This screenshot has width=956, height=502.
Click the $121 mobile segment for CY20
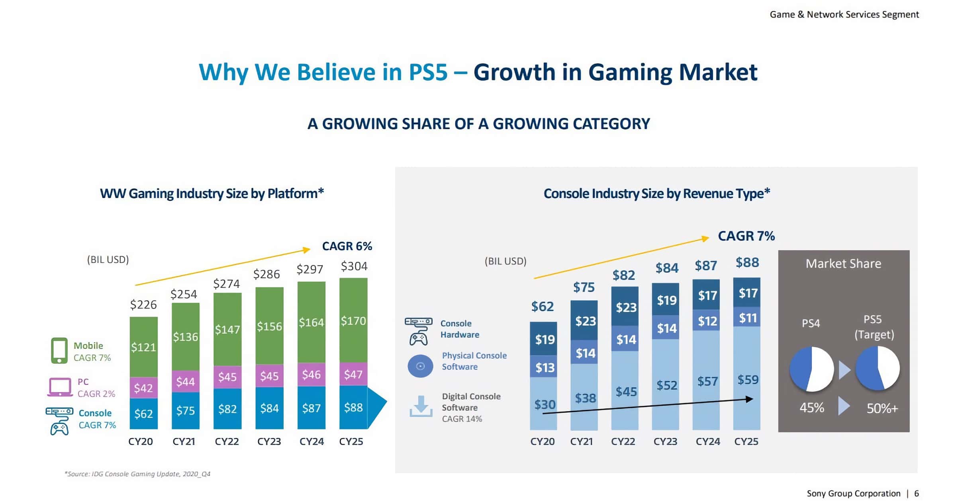pos(143,347)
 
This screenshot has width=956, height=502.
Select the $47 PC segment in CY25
pos(353,374)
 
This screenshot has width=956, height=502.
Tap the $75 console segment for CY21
pos(186,410)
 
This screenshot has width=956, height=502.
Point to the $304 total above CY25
pos(354,266)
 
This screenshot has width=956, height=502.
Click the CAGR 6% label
pos(347,246)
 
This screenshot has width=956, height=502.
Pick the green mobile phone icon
pos(59,351)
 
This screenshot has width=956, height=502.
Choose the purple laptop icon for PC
pos(60,387)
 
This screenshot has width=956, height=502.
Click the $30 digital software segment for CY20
pos(545,404)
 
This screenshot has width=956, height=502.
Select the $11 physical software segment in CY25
pos(748,318)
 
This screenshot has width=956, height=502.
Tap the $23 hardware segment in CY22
pos(626,307)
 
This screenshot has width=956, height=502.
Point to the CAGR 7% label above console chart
pos(746,236)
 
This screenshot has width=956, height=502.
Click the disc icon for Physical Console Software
pos(420,366)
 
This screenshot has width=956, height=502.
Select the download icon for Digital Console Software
pos(421,406)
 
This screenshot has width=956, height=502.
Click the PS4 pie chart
pos(811,369)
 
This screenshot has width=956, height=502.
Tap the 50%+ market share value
pos(882,408)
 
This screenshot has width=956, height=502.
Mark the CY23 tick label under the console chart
pos(665,441)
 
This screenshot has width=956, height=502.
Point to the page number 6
pos(917,493)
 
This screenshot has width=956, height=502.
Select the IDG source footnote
pos(137,474)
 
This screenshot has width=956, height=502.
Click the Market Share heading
pos(843,264)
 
